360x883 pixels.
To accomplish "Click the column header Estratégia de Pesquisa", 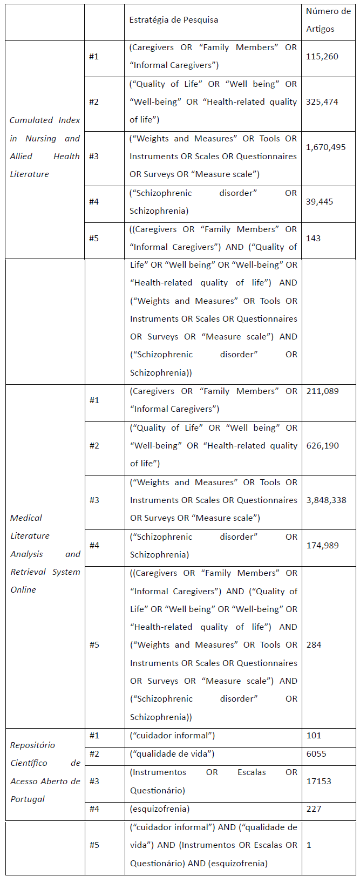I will click(174, 20).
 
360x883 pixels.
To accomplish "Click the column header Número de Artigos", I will click(328, 20).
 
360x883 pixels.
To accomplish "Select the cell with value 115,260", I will click(322, 57).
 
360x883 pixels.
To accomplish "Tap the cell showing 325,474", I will click(322, 102).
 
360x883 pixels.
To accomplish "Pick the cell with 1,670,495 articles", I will click(325, 147).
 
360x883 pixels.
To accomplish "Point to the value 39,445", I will click(320, 202).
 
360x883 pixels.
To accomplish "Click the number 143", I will click(313, 238).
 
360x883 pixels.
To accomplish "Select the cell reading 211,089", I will click(322, 391).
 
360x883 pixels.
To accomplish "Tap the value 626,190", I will click(322, 446).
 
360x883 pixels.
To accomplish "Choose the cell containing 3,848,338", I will click(325, 500).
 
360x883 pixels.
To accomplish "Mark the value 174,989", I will click(322, 546).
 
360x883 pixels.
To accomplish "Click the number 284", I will click(314, 645).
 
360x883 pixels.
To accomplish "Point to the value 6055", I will click(316, 754).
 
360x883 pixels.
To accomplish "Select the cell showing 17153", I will click(318, 782).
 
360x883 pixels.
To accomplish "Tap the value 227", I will click(314, 809).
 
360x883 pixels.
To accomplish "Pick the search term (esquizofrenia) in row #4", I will click(160, 809).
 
